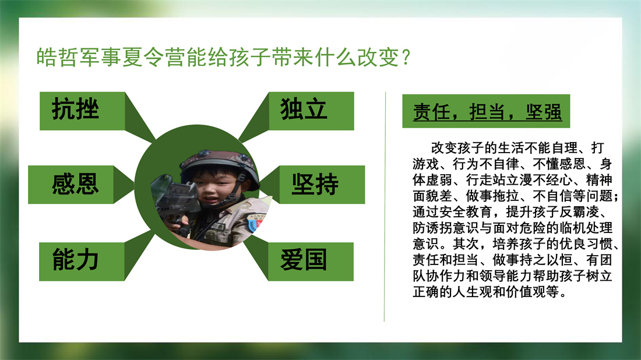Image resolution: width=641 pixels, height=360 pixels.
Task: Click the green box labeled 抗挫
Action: [x=82, y=111]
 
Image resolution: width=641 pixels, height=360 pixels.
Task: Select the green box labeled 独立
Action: [x=311, y=111]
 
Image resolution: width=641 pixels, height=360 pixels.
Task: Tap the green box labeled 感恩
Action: [x=71, y=184]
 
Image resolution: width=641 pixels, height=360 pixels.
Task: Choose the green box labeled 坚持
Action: [x=322, y=184]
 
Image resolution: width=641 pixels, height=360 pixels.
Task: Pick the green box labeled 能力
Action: [x=82, y=262]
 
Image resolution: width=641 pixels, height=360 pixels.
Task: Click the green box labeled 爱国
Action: [x=311, y=262]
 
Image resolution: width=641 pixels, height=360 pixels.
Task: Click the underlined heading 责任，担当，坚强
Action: [x=487, y=112]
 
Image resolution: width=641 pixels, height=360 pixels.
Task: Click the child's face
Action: [x=217, y=192]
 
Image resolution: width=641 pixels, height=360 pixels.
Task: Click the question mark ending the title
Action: [x=406, y=57]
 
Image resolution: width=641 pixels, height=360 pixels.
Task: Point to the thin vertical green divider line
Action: [x=385, y=207]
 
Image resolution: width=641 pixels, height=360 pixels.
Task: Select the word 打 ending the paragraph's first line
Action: [x=598, y=147]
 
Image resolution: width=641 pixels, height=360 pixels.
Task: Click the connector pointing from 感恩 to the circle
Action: [x=124, y=185]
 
